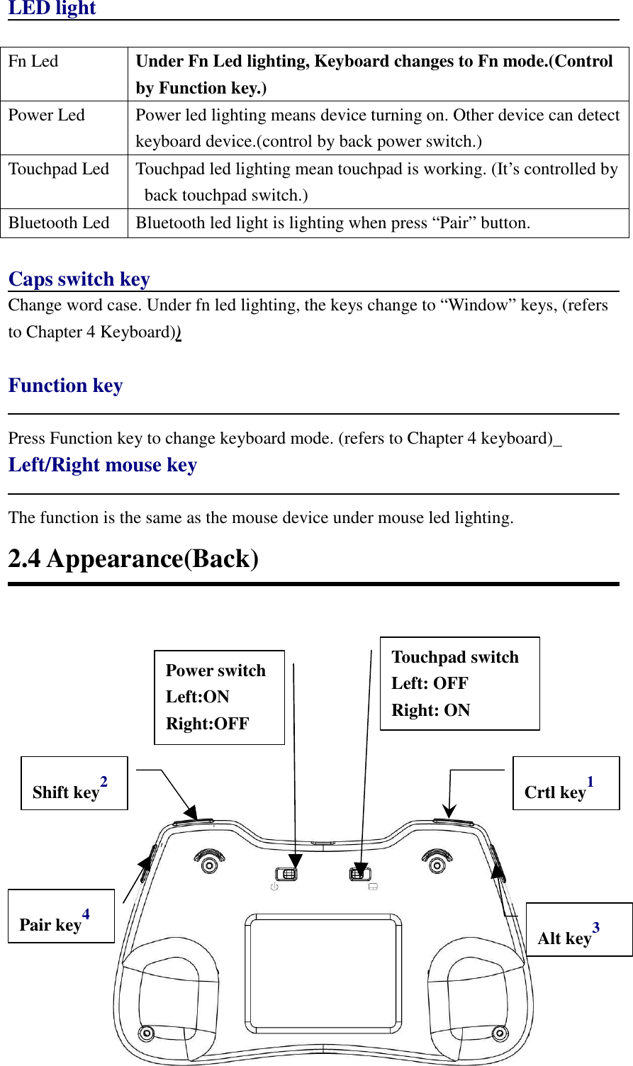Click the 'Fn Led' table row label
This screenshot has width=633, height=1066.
point(33,62)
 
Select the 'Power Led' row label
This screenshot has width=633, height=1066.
point(46,116)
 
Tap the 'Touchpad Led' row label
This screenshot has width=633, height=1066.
point(59,169)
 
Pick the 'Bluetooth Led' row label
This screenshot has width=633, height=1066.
point(59,223)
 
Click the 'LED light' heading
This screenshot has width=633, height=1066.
point(52,9)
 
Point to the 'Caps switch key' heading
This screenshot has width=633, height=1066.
point(79,279)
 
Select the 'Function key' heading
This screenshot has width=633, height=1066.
point(65,386)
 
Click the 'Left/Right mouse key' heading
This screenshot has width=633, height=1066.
point(102,465)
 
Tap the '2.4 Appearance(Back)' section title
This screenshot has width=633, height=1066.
point(133,559)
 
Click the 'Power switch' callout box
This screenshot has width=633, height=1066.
point(219,697)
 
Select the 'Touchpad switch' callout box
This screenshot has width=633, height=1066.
point(459,683)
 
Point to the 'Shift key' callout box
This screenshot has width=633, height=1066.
point(74,783)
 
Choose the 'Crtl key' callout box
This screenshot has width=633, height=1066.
point(566,783)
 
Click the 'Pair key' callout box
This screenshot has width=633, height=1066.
point(61,916)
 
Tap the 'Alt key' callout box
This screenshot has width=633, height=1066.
point(578,929)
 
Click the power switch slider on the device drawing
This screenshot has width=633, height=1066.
point(287,873)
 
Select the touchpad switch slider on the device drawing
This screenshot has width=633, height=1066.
point(360,873)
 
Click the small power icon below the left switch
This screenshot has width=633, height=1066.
point(274,887)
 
